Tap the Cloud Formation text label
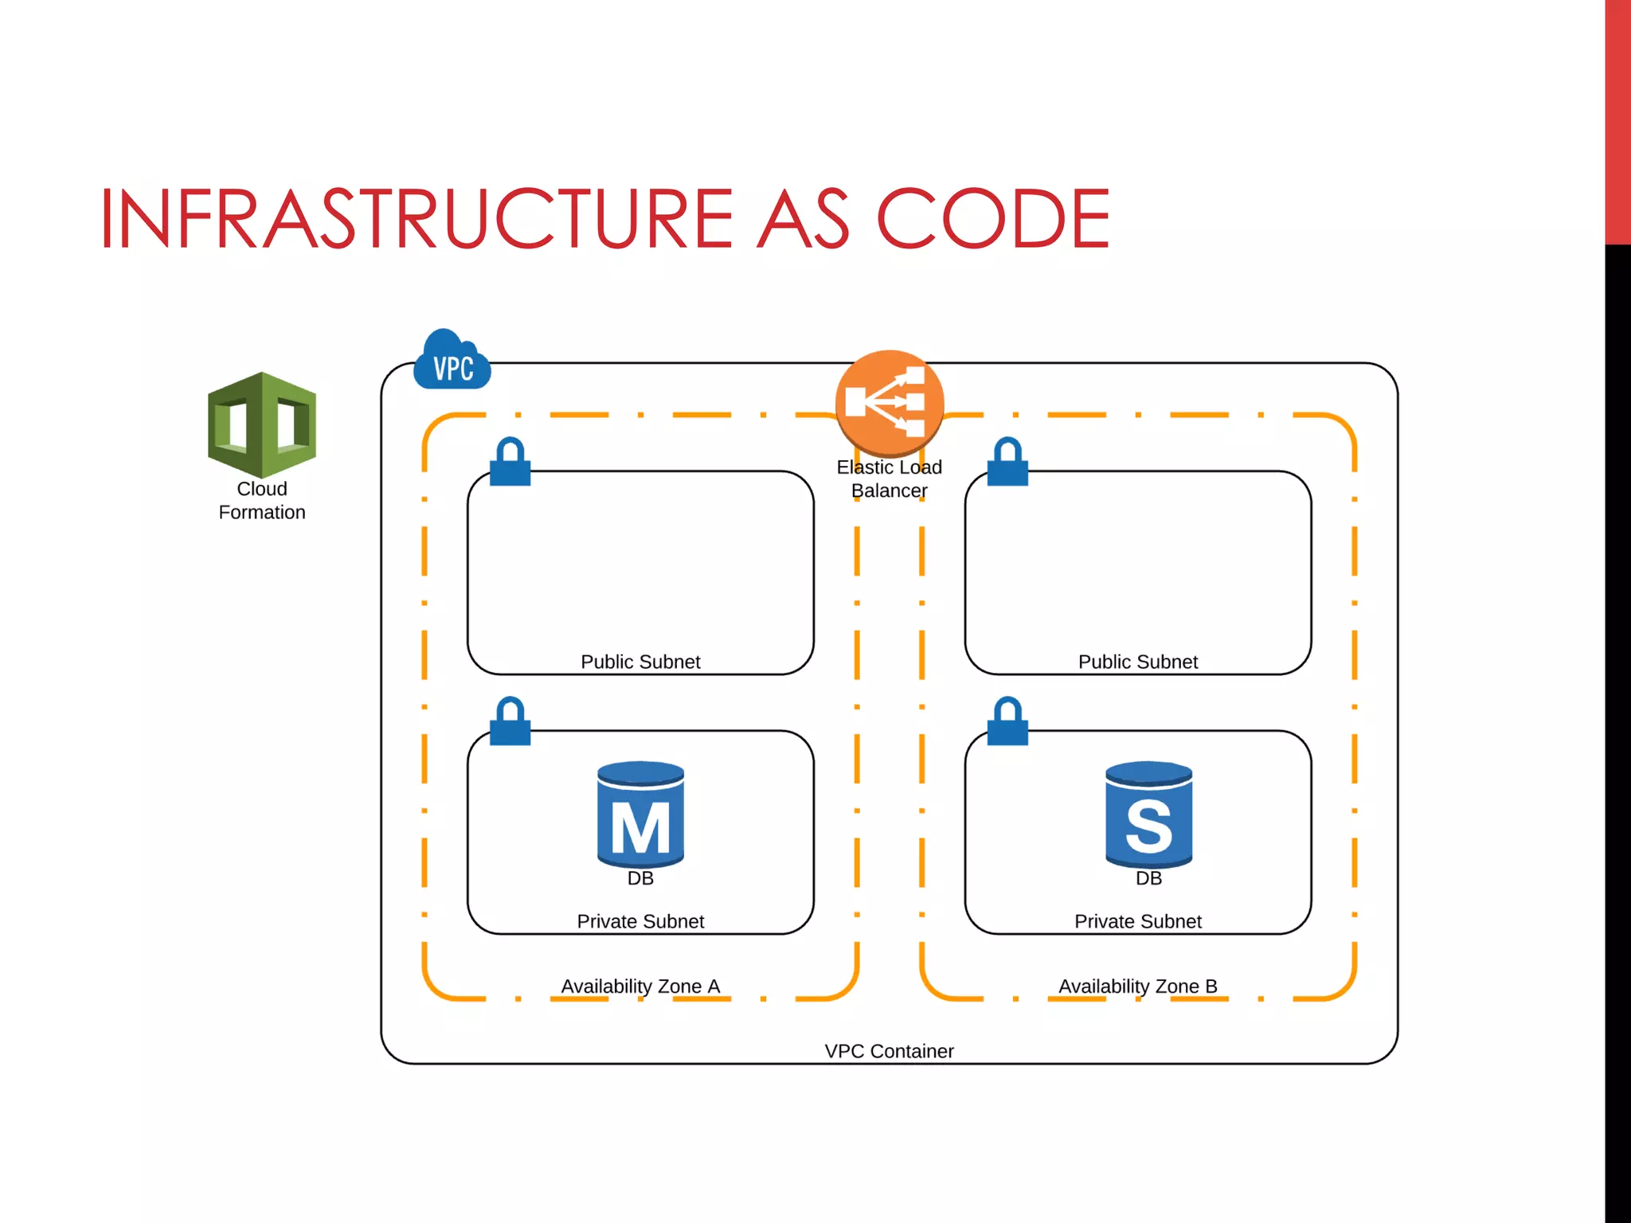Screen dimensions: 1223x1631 262,501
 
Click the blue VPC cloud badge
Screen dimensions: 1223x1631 452,362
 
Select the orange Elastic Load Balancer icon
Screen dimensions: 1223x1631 890,401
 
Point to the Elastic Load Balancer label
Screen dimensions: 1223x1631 889,479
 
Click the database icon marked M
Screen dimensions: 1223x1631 640,814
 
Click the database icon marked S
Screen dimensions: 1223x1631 1148,814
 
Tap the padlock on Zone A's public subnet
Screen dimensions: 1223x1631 510,462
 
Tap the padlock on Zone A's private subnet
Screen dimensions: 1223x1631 510,721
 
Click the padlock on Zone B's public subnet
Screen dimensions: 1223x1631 1007,462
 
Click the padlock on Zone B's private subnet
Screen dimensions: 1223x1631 1007,721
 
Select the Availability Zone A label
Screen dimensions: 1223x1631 640,986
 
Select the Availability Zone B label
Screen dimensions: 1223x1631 1137,986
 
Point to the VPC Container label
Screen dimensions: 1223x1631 889,1051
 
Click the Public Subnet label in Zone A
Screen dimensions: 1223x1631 640,662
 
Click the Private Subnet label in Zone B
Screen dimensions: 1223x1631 1137,921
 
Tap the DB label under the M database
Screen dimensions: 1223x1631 640,878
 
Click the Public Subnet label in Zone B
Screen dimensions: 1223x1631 1137,662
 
